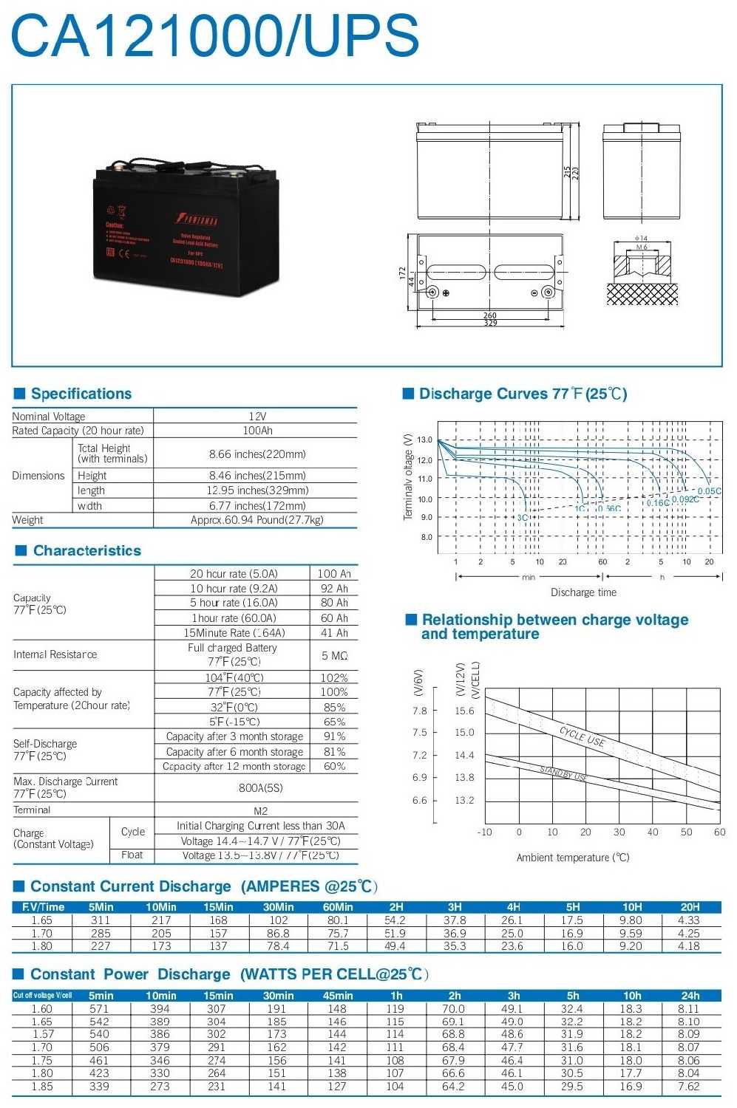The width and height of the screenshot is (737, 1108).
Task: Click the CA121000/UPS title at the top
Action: pyautogui.click(x=215, y=35)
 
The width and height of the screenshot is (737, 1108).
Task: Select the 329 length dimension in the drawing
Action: pyautogui.click(x=490, y=324)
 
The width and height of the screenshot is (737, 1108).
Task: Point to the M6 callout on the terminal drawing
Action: pyautogui.click(x=642, y=247)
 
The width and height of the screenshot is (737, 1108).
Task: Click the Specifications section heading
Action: pyautogui.click(x=81, y=394)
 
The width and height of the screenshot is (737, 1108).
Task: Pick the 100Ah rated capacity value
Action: pyautogui.click(x=257, y=430)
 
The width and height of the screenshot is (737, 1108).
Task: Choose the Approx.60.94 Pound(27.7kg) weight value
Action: pyautogui.click(x=257, y=520)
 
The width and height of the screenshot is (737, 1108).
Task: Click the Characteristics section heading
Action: pyautogui.click(x=86, y=550)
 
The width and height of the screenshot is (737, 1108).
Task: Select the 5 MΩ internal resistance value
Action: pyautogui.click(x=334, y=655)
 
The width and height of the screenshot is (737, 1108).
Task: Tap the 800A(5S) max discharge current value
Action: pyautogui.click(x=260, y=787)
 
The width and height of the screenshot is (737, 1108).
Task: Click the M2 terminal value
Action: pyautogui.click(x=260, y=810)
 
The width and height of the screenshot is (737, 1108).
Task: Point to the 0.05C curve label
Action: pyautogui.click(x=709, y=491)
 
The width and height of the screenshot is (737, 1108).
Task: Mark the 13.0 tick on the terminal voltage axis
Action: pyautogui.click(x=425, y=440)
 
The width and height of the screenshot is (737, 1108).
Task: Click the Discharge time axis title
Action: pyautogui.click(x=583, y=592)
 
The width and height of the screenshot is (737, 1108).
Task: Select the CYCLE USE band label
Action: pyautogui.click(x=583, y=736)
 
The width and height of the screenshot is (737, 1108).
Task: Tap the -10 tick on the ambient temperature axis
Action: pyautogui.click(x=485, y=832)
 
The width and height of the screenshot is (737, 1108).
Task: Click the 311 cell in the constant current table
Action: pyautogui.click(x=101, y=920)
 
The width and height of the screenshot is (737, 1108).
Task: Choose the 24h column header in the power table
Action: pyautogui.click(x=690, y=995)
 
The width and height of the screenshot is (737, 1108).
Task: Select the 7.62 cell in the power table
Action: pyautogui.click(x=689, y=1087)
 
